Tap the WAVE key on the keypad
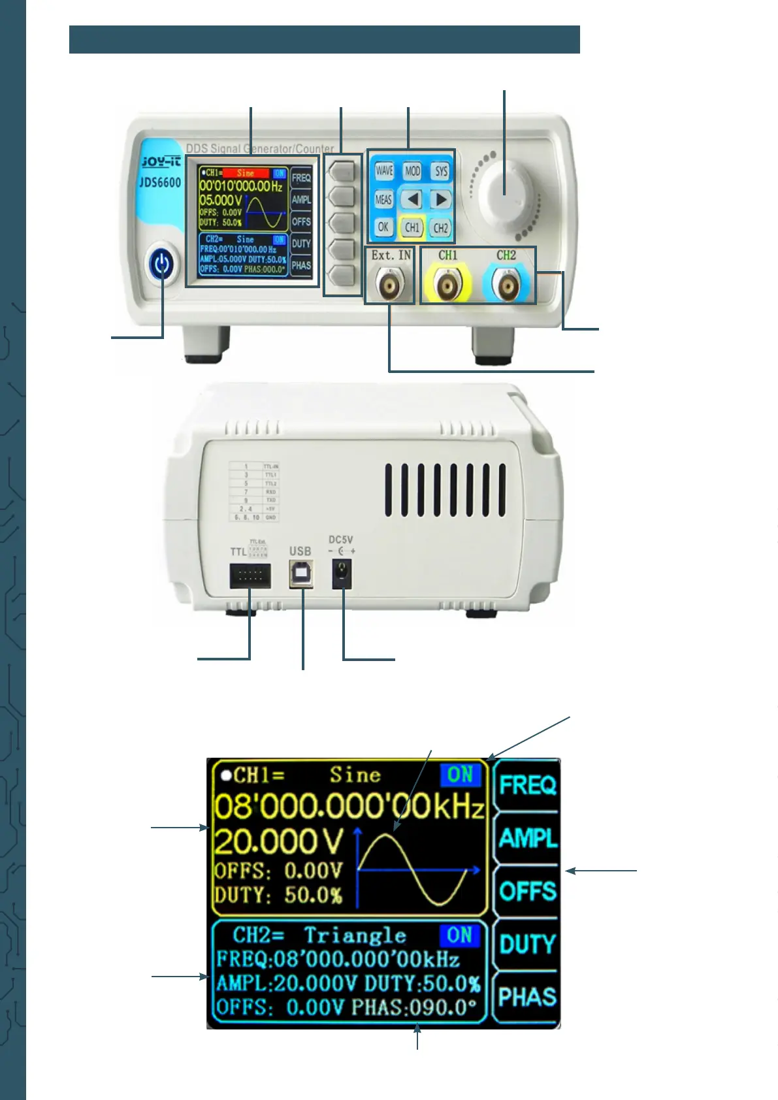[x=384, y=171]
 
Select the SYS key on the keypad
[x=441, y=171]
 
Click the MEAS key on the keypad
[x=383, y=199]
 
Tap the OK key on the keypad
[x=383, y=227]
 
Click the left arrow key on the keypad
[x=412, y=199]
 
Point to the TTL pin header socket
[x=250, y=575]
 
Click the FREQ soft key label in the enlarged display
[x=527, y=785]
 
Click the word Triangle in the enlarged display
[x=355, y=935]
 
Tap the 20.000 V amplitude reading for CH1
[x=278, y=841]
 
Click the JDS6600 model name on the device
[x=160, y=182]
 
